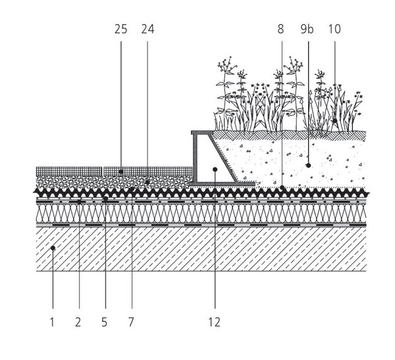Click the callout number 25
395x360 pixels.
click(121, 29)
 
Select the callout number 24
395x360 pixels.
click(147, 29)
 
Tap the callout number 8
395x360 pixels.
click(280, 29)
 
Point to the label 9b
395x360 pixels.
click(307, 29)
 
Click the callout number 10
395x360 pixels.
click(334, 29)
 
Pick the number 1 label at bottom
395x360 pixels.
click(52, 322)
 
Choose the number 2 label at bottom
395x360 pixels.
click(78, 322)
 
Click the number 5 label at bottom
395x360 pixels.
click(104, 322)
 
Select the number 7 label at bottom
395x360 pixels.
click(131, 322)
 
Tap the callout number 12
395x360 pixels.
click(214, 322)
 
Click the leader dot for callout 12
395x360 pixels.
click(215, 170)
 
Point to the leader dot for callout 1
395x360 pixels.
click(53, 248)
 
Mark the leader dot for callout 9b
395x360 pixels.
click(308, 165)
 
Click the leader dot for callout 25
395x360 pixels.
click(121, 172)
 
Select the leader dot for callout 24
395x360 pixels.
click(147, 182)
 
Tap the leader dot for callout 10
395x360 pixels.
click(335, 121)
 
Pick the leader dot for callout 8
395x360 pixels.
click(282, 188)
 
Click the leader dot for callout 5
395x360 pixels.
click(105, 199)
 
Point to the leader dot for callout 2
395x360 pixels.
click(80, 201)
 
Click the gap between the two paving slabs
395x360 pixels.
click(103, 171)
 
